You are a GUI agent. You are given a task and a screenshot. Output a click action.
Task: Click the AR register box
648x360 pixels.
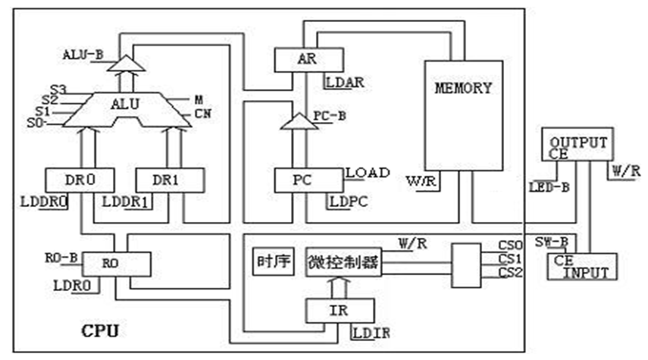pos(308,60)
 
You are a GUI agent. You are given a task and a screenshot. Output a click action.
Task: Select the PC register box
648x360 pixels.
pos(308,180)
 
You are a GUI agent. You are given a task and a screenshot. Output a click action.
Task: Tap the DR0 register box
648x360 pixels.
pos(80,180)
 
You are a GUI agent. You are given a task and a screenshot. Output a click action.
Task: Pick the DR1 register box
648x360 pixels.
pos(170,180)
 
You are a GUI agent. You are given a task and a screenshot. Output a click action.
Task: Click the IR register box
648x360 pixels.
pos(340,311)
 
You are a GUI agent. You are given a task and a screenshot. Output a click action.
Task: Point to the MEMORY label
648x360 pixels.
pos(463,88)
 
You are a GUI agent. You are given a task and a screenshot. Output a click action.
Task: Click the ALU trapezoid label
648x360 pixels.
pos(125,104)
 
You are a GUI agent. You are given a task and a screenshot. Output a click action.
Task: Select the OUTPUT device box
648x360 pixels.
pos(578,144)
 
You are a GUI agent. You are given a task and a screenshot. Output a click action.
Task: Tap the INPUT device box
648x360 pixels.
pos(582,267)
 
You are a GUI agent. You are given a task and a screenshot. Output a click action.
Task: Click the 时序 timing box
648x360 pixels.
pos(273,262)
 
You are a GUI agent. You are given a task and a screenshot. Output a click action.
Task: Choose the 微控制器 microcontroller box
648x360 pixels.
pos(343,262)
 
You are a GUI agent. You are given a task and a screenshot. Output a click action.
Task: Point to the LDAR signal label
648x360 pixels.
pos(345,83)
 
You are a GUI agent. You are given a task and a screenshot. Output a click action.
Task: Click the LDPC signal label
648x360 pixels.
pos(349,202)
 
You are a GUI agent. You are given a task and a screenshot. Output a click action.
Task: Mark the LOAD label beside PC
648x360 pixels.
pos(368,173)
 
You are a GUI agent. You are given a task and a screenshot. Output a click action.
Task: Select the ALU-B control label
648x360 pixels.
pos(83,55)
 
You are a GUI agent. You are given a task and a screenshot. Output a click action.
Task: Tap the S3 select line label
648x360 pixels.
pos(58,89)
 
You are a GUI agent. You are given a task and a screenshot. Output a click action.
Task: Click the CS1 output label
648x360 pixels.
pos(510,259)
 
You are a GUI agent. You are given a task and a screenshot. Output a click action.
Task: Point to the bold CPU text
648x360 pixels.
pos(100,331)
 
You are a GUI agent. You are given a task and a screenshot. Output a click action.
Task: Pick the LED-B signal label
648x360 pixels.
pos(549,188)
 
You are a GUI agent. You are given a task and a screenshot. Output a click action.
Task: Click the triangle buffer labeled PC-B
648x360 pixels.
pos(299,121)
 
